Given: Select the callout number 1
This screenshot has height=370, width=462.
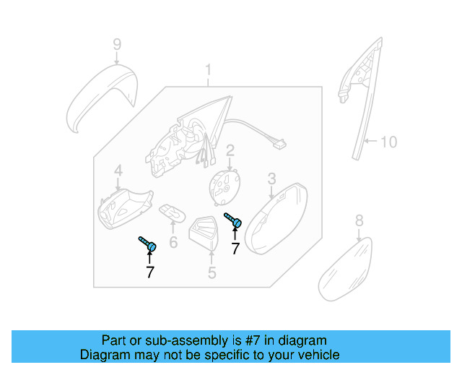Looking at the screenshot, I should [208, 71].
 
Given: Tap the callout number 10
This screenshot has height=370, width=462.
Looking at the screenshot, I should [388, 142].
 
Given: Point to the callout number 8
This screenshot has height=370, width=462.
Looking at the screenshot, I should [359, 221].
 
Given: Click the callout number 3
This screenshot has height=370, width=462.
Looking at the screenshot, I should [271, 178].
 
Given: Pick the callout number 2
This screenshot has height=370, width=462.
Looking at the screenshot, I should [230, 152].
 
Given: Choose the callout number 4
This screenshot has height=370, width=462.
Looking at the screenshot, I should [118, 171].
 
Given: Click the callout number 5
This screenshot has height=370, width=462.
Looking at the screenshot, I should [212, 272].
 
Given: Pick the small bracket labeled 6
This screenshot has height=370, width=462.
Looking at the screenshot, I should [172, 212].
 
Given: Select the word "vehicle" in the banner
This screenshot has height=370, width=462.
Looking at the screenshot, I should [316, 355].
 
